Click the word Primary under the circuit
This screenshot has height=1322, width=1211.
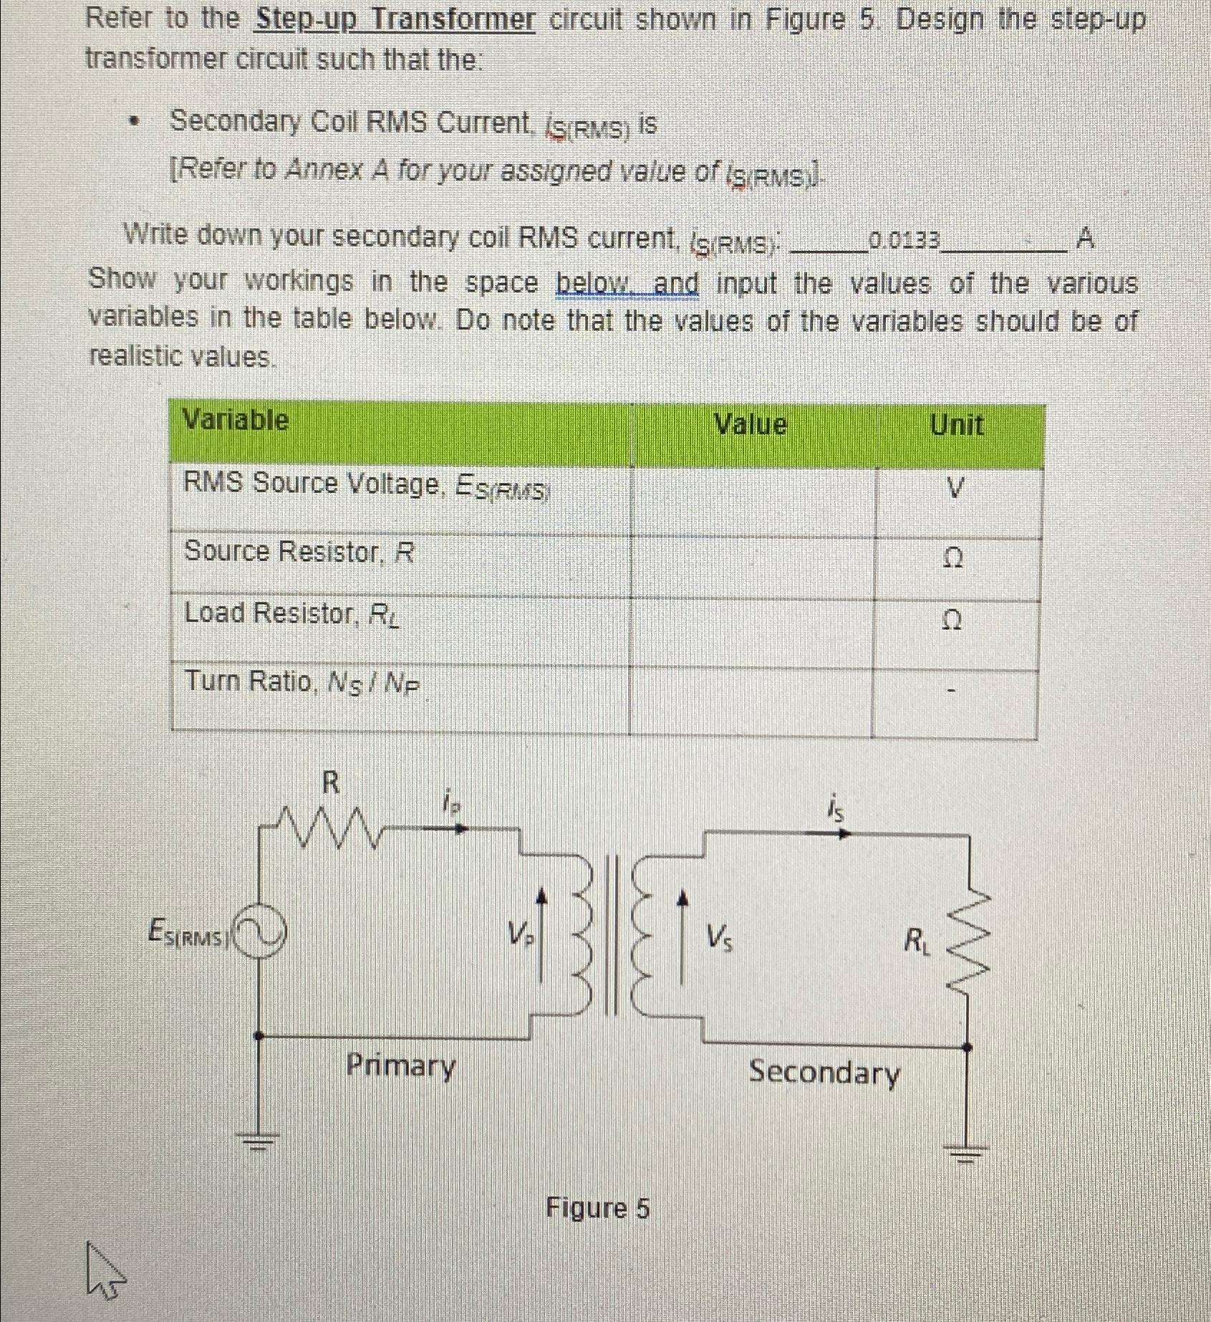(x=400, y=1065)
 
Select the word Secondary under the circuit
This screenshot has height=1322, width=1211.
(x=824, y=1073)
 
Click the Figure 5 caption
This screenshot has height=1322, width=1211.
(x=597, y=1208)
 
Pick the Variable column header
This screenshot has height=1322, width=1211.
(x=236, y=419)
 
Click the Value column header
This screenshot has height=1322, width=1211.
(x=751, y=425)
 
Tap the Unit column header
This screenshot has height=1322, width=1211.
(x=956, y=425)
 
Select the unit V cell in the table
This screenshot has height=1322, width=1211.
(x=956, y=489)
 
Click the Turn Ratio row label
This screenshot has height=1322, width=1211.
(x=301, y=681)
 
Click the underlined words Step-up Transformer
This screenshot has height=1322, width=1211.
(x=395, y=19)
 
